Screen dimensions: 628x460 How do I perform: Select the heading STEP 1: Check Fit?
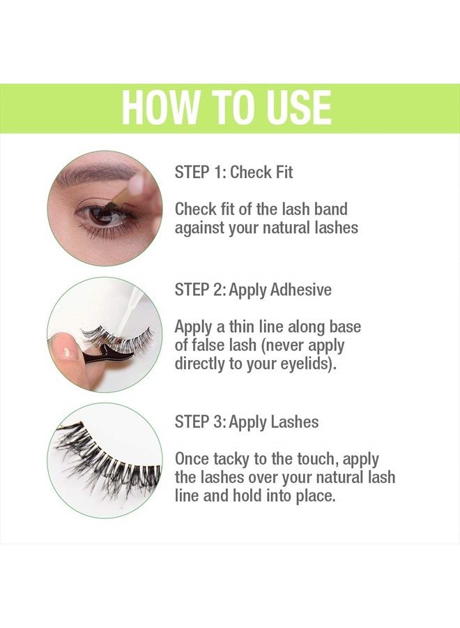tap(233, 172)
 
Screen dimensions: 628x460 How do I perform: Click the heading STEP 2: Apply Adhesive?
tap(253, 290)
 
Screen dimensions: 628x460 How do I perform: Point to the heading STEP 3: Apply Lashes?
tap(246, 421)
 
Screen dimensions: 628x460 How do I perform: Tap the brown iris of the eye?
tap(101, 215)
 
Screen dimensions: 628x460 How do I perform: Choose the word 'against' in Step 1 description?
tap(199, 228)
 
